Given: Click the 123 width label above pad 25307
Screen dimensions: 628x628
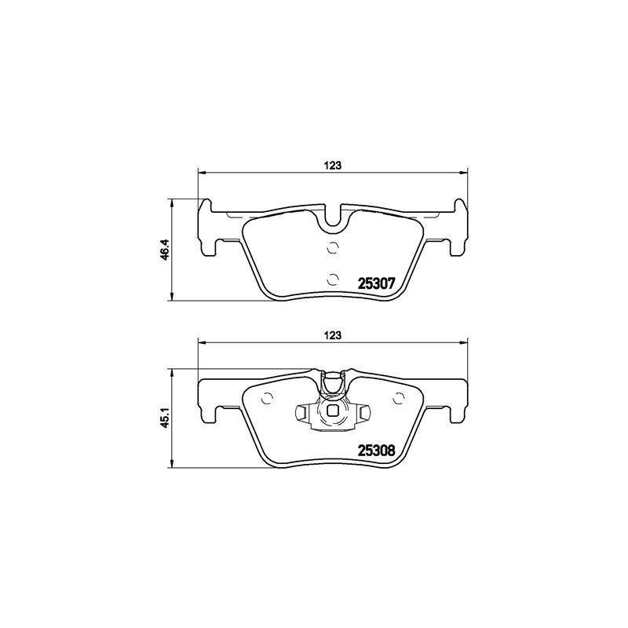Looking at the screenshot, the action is (332, 165).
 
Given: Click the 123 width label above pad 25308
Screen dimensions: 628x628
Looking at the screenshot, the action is (332, 335).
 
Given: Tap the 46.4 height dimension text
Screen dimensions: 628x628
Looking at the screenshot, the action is (165, 250).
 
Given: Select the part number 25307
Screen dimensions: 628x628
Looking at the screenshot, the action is (376, 283).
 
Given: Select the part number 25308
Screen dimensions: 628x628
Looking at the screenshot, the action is (376, 451).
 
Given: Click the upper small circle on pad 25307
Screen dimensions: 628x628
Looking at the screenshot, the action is (333, 248).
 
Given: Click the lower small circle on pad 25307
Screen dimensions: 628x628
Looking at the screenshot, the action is (333, 279).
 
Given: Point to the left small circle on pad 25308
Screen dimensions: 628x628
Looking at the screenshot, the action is (267, 398).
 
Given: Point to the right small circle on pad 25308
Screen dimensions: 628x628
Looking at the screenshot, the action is (399, 398).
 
